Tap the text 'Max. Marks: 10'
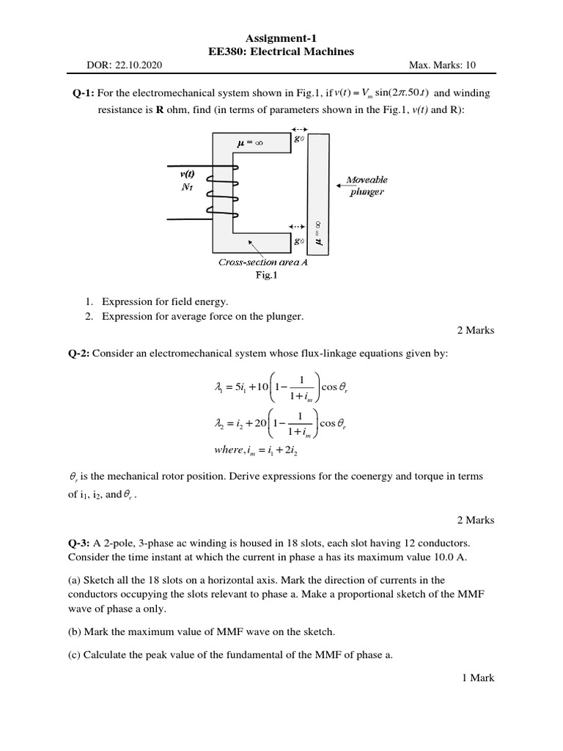[442, 65]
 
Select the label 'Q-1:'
[79, 93]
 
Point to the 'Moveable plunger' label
[366, 186]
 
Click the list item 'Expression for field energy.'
[165, 301]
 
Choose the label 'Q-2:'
[79, 354]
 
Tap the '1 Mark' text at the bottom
[478, 678]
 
